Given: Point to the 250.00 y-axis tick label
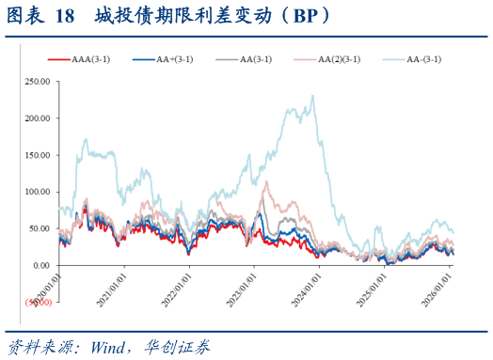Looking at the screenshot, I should point(37,82).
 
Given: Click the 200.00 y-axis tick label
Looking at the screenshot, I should point(37,118).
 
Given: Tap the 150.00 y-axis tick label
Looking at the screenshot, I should point(37,155).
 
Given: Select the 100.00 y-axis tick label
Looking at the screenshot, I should point(37,192).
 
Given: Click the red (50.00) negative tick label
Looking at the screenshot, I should point(39,302).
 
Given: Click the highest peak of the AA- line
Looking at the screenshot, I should point(312,96).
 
